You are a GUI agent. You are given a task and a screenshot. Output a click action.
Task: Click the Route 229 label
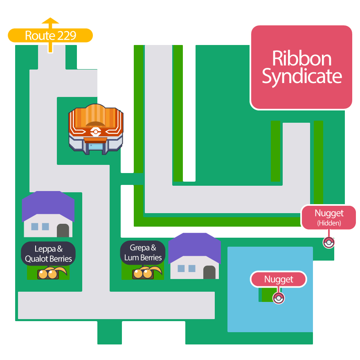[50, 36]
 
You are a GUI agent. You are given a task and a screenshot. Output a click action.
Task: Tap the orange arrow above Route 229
[50, 22]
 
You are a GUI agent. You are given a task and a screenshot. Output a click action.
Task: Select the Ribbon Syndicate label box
[301, 67]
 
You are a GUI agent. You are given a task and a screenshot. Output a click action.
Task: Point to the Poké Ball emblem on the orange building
[95, 132]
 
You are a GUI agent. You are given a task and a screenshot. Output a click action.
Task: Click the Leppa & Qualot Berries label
[48, 254]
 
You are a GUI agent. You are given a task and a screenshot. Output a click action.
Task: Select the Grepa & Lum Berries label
[143, 252]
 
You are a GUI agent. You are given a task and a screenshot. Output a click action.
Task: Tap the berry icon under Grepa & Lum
[143, 273]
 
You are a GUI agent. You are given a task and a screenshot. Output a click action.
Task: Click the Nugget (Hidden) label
[329, 217]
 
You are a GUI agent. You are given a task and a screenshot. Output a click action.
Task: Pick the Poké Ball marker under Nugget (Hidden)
[328, 243]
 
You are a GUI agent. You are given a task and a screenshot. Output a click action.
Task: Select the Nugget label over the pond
[279, 279]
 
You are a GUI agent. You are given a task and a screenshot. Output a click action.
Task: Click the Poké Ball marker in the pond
[279, 298]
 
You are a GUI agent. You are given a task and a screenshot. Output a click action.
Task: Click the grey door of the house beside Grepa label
[209, 272]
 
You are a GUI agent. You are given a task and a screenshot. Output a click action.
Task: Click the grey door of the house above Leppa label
[63, 230]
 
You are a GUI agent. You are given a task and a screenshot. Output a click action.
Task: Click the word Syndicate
[301, 76]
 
